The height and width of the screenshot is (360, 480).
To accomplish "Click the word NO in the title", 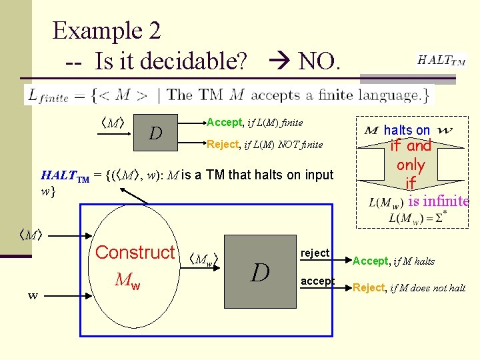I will (x=319, y=62).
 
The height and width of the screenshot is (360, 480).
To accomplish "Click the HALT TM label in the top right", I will (x=441, y=60).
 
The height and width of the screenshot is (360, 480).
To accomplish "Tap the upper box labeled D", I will (x=155, y=133).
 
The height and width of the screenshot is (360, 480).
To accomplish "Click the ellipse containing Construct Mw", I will (x=135, y=267).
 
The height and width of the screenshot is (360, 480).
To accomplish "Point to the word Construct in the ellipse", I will (x=135, y=253).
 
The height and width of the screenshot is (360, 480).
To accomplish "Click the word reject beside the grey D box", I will (x=315, y=253).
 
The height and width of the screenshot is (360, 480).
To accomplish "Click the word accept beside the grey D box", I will (x=317, y=281).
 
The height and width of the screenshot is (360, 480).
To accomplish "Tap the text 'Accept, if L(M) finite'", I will (x=255, y=123).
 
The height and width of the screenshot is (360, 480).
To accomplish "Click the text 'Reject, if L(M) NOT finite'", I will (x=265, y=144).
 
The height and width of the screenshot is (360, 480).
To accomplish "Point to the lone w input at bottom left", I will (x=33, y=295).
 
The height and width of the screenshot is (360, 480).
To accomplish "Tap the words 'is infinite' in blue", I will (x=439, y=201).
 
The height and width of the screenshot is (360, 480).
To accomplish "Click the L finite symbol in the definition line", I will (x=47, y=95).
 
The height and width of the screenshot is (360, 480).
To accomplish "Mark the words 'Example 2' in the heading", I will (x=107, y=30).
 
